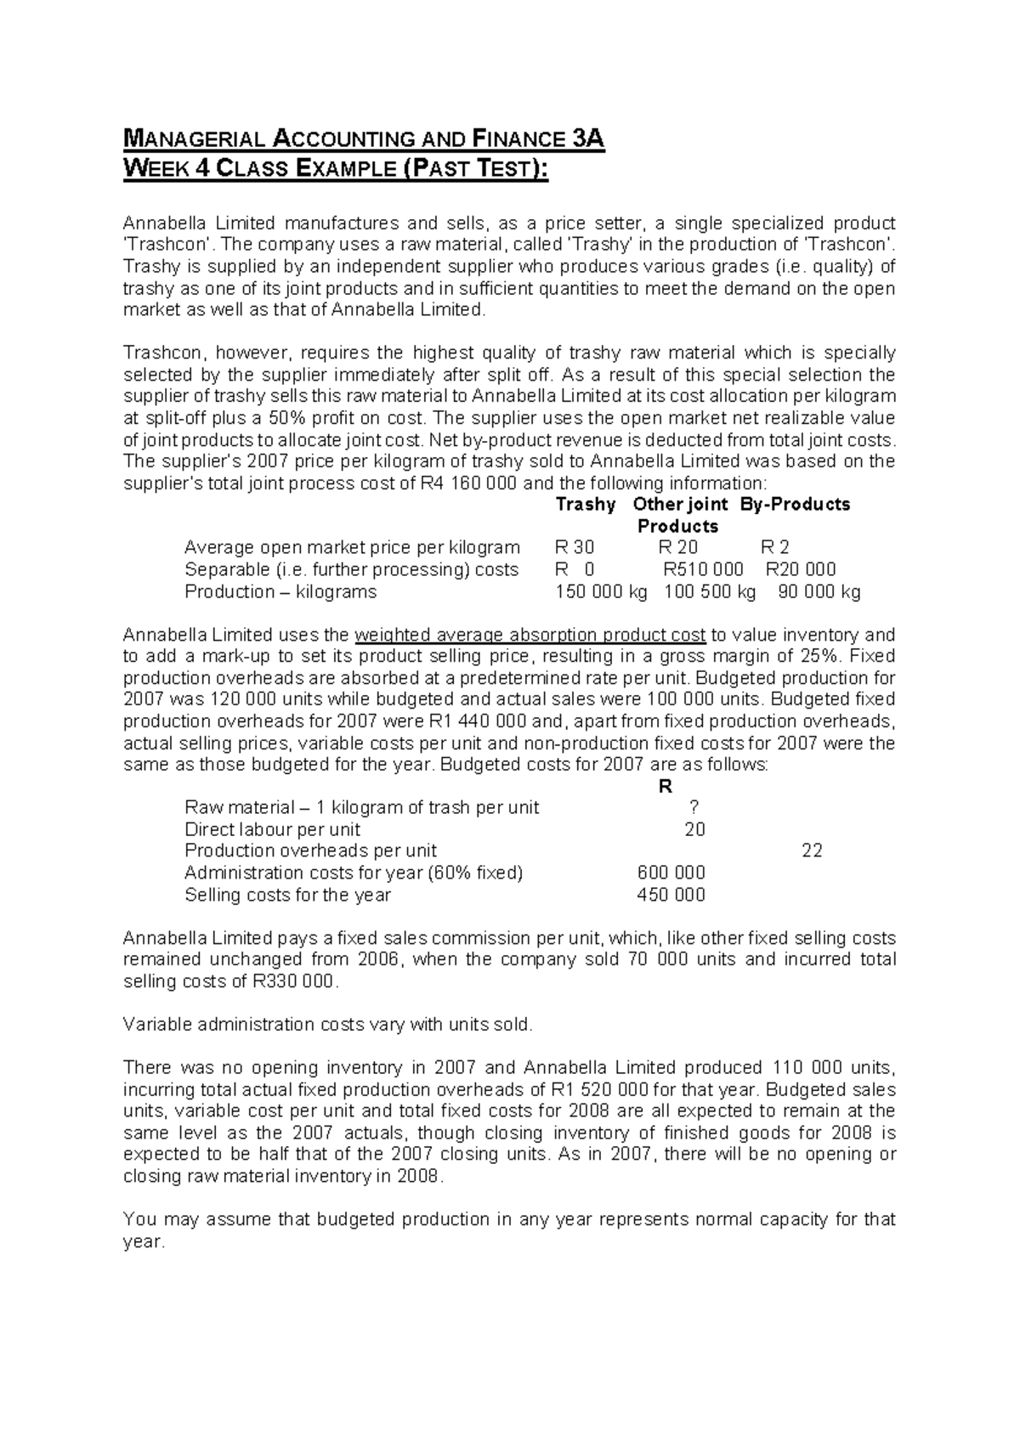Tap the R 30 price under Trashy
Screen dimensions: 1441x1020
pos(575,548)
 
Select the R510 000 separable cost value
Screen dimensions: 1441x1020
pos(703,570)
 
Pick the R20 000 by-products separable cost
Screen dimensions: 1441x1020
pos(801,570)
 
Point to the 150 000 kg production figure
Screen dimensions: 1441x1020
pos(601,592)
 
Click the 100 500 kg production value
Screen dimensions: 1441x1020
pos(710,592)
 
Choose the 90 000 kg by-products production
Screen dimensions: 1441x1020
pos(819,592)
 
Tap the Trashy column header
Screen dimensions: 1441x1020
pos(586,505)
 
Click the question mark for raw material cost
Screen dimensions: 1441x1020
pos(695,808)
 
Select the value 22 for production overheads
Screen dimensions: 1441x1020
pos(812,851)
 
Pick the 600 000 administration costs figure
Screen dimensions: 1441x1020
pos(671,873)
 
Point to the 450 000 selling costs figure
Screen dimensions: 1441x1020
pos(671,895)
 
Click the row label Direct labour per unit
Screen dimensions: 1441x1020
pos(272,830)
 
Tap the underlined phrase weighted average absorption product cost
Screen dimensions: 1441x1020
pos(530,636)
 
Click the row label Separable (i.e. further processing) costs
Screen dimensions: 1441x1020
pos(351,570)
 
